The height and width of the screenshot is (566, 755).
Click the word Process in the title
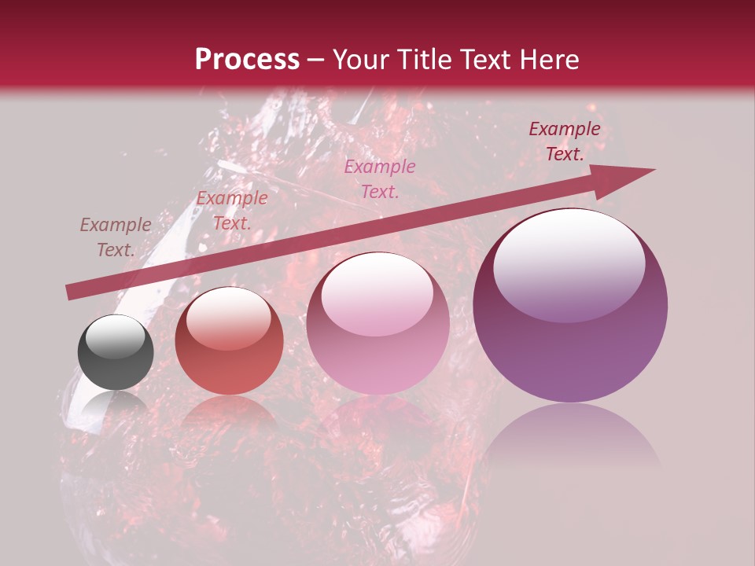[247, 60]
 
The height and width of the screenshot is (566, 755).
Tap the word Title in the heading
[424, 60]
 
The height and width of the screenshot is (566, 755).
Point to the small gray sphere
[116, 353]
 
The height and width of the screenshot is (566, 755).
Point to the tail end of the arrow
[72, 292]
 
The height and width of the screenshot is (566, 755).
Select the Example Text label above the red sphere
[232, 211]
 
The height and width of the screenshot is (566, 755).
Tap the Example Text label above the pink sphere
[380, 178]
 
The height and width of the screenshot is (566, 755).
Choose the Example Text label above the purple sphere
[565, 141]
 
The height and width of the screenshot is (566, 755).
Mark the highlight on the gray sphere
[116, 337]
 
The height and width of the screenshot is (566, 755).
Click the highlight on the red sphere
[229, 321]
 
